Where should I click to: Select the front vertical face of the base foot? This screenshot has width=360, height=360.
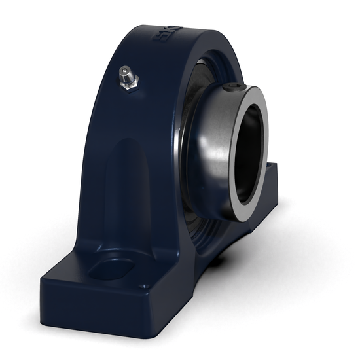92,308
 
